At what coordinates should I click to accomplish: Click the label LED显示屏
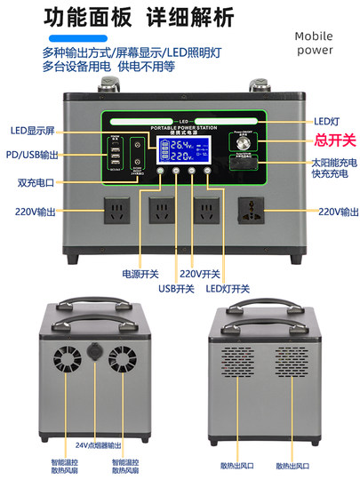tap(34, 131)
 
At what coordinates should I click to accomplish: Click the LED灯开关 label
tap(228, 288)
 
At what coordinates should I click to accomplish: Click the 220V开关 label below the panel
tap(199, 275)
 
